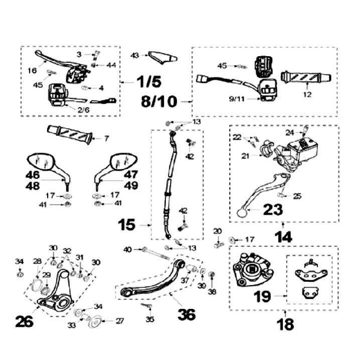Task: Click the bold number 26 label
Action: click(24, 321)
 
